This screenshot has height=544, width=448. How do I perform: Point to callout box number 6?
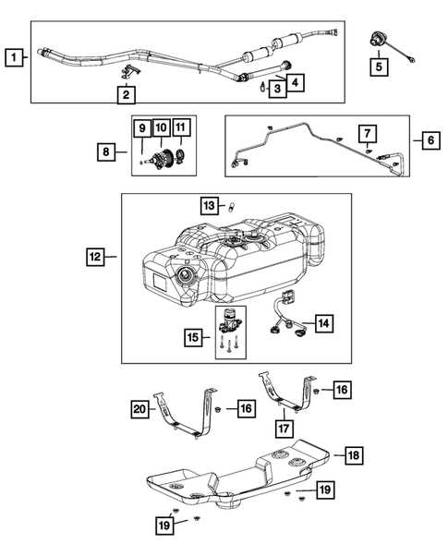point(430,140)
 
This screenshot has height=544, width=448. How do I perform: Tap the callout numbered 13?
point(210,203)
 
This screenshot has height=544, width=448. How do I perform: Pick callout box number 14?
point(323,323)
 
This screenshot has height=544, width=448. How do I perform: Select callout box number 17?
point(284,429)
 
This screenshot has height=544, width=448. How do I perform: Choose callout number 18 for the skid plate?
point(354,454)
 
